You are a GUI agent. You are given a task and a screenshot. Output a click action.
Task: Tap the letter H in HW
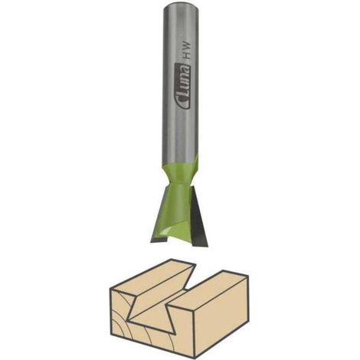tap(188, 57)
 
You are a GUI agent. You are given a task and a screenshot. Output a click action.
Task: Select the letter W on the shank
tap(188, 47)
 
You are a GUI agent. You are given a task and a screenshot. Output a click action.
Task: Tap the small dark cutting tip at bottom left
tap(159, 239)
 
